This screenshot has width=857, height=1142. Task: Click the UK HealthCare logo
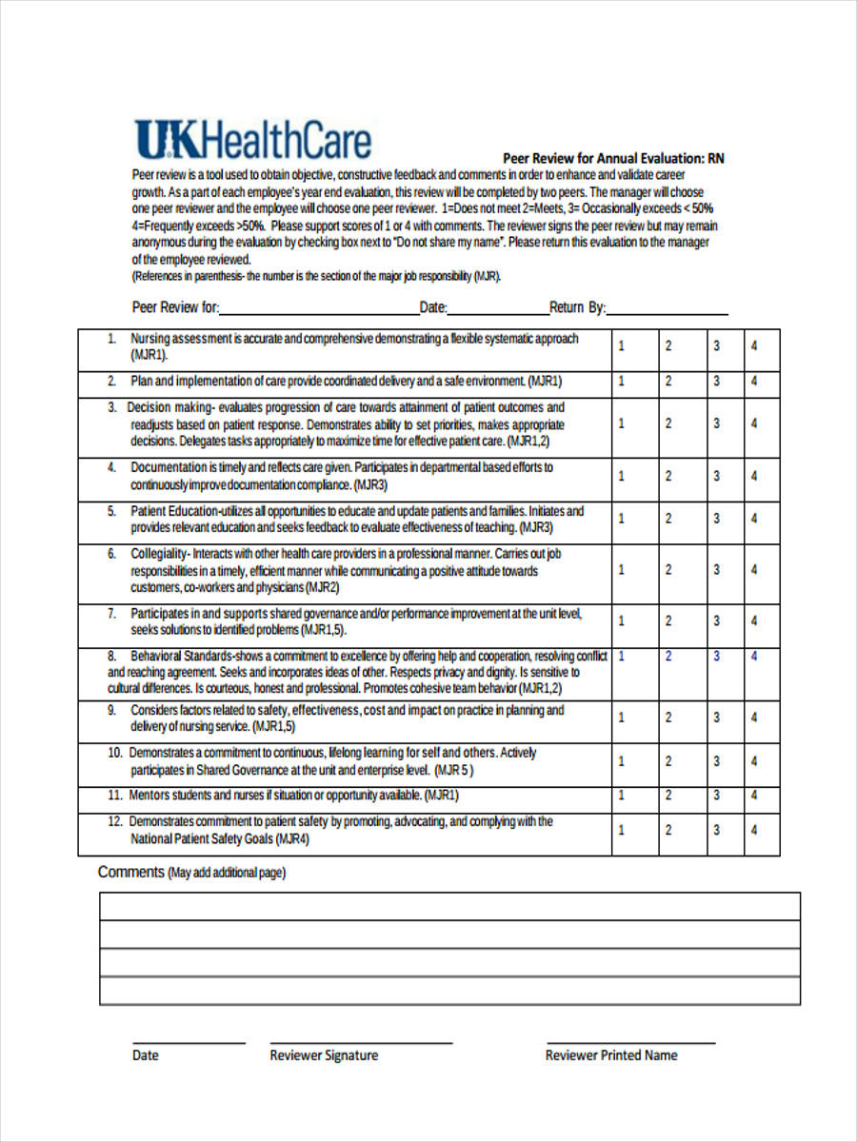click(252, 140)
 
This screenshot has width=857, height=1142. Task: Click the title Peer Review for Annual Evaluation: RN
click(613, 158)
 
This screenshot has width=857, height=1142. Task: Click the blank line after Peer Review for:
click(319, 309)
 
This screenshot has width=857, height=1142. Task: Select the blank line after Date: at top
click(497, 309)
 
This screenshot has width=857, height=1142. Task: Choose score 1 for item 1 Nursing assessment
click(622, 346)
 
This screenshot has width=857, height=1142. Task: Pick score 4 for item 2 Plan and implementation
click(754, 381)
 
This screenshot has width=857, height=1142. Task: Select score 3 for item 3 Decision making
click(717, 423)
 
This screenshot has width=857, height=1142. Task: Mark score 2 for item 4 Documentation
click(668, 476)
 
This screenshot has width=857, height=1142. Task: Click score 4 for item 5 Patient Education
click(754, 519)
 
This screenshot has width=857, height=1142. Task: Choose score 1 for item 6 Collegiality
click(622, 570)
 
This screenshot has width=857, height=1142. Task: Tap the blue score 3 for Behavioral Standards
click(717, 657)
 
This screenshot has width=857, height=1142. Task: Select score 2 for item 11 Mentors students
click(668, 795)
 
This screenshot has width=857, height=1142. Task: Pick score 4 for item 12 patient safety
click(754, 830)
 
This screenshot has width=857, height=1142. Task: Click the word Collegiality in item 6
click(159, 554)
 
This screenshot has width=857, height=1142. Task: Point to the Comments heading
click(131, 872)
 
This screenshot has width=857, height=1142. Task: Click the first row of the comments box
click(449, 906)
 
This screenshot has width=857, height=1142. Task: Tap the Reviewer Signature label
click(324, 1055)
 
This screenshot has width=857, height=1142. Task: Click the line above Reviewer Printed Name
click(630, 1041)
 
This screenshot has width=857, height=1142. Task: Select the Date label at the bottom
click(146, 1055)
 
